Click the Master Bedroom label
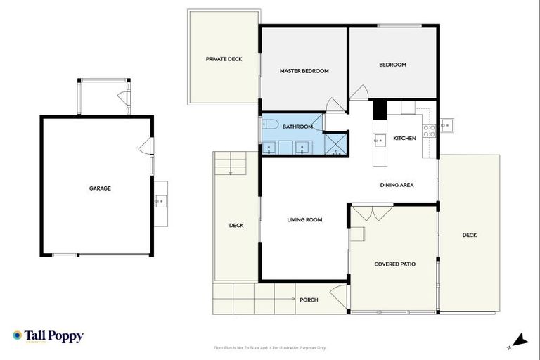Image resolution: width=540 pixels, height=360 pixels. (x=304, y=71)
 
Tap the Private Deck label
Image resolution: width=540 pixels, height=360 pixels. (x=224, y=60)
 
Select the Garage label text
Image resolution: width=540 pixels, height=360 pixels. (x=100, y=188)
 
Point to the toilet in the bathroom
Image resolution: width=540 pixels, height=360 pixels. (x=271, y=127)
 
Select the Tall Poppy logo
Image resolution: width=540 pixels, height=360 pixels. (x=48, y=336)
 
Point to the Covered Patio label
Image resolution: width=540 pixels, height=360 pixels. (x=394, y=264)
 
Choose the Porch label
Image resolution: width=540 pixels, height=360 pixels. (x=309, y=300)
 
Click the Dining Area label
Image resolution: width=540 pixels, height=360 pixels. (x=397, y=185)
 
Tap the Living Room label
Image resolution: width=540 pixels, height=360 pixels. (x=304, y=220)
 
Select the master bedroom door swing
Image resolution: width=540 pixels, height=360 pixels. (x=335, y=105)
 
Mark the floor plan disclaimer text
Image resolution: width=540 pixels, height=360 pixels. (x=269, y=348)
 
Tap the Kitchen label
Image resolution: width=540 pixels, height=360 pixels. (x=404, y=139)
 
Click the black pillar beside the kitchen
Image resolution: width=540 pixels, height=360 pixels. (x=379, y=109)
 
